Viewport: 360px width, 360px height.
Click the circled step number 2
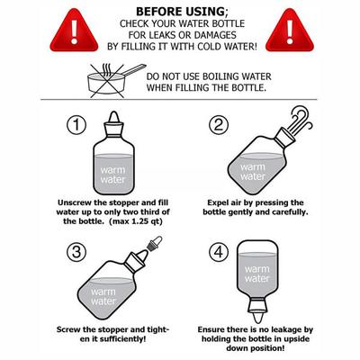tap(219, 124)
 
